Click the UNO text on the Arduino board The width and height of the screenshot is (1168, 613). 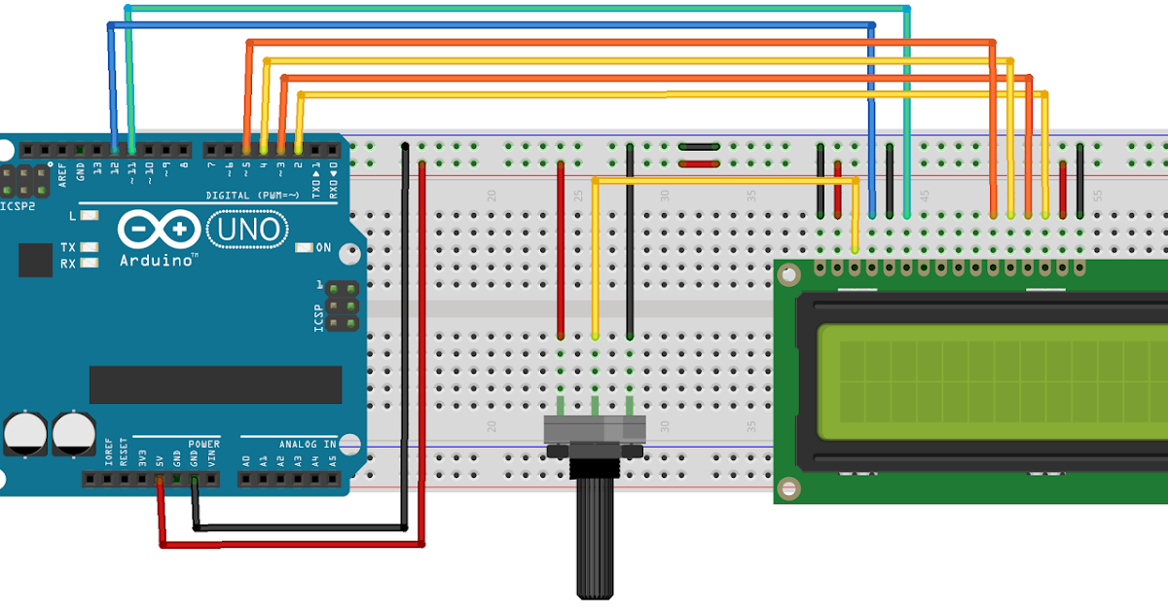click(x=248, y=230)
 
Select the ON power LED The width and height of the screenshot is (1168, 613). click(x=303, y=248)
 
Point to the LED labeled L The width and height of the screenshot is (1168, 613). click(x=90, y=215)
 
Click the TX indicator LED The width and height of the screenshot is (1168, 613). click(x=90, y=247)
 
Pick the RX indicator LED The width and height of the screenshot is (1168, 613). click(x=90, y=263)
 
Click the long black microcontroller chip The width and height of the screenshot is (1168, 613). click(x=215, y=384)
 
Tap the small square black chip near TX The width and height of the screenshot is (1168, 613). click(x=35, y=261)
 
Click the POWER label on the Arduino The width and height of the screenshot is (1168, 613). click(x=203, y=445)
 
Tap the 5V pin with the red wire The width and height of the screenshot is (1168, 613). click(x=159, y=479)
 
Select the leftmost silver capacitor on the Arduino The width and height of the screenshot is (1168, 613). click(x=21, y=432)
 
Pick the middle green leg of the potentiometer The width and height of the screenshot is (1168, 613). click(x=595, y=403)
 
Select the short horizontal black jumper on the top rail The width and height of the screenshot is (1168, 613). click(x=699, y=147)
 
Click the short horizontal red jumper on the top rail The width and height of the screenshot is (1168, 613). click(x=699, y=164)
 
